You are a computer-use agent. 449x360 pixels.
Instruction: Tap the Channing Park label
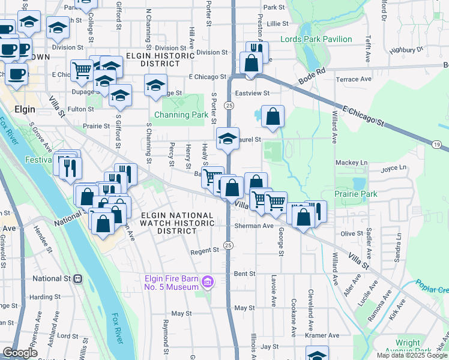181,115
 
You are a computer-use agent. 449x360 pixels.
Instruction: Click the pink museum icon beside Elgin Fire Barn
208,281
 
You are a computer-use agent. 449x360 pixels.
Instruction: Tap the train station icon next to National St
77,278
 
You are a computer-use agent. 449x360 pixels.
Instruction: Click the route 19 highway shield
438,144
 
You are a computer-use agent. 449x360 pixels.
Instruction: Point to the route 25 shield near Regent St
228,245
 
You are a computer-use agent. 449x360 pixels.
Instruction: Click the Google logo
20,353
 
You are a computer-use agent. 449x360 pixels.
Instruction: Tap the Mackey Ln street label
351,163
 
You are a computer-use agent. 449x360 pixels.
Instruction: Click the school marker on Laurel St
228,139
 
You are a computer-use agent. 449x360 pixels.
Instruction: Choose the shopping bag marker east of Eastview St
273,118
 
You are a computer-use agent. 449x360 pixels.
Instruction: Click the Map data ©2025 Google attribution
411,355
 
